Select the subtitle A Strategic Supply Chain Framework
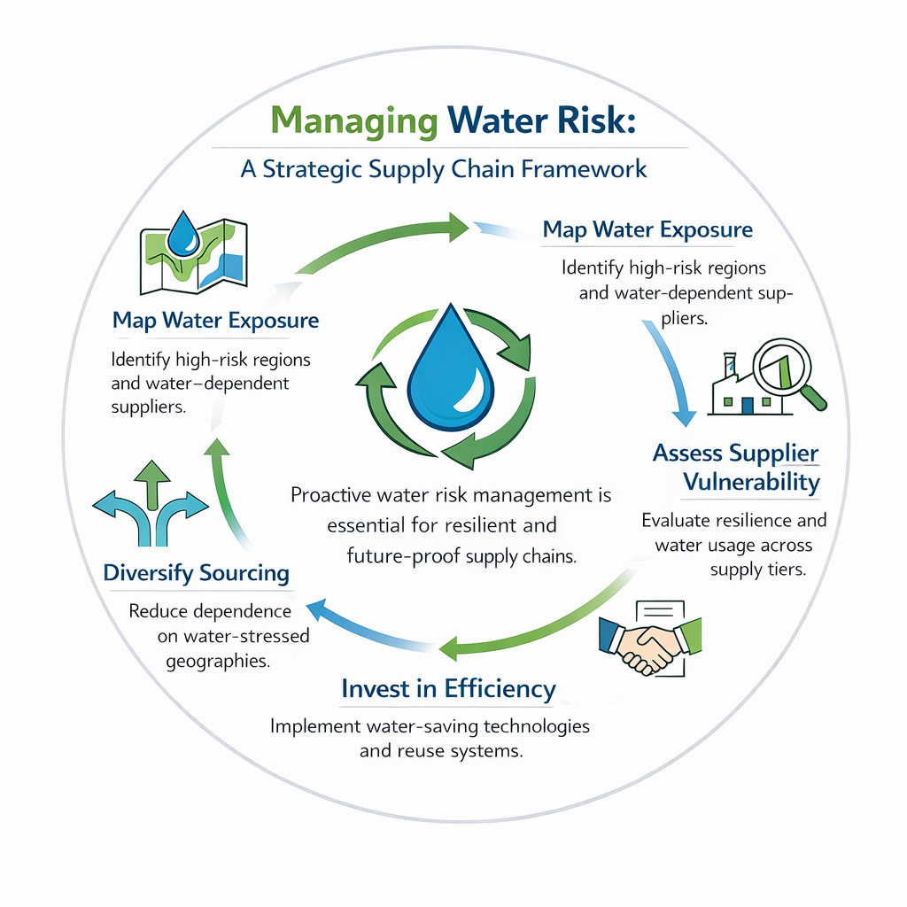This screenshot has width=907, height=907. pyautogui.click(x=444, y=168)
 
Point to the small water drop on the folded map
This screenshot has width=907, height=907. pyautogui.click(x=185, y=233)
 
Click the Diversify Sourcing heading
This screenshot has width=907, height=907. pyautogui.click(x=197, y=573)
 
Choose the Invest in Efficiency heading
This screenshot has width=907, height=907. pyautogui.click(x=448, y=688)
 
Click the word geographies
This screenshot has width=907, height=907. pyautogui.click(x=218, y=661)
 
